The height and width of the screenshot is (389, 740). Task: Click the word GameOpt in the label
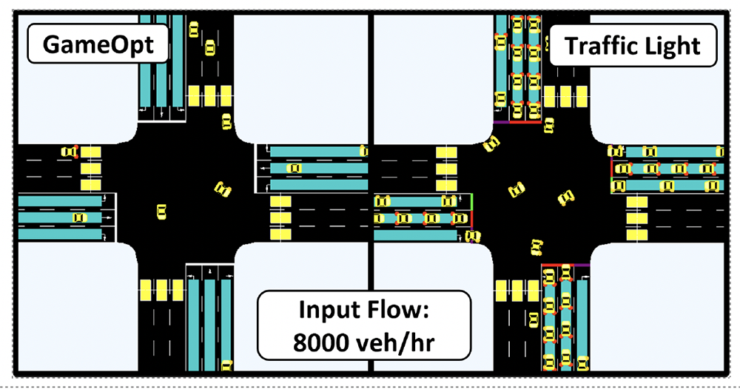[98, 45]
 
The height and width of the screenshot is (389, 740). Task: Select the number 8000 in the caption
[320, 342]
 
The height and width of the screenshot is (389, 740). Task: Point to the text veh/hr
[395, 342]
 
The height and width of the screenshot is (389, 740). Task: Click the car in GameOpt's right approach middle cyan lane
[294, 168]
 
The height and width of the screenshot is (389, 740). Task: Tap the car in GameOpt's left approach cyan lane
[79, 217]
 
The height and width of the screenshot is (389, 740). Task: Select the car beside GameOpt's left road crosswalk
[69, 152]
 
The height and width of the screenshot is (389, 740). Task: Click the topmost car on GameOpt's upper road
[193, 30]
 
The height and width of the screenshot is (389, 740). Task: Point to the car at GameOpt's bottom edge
[227, 365]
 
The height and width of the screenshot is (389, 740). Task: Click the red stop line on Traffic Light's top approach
[524, 122]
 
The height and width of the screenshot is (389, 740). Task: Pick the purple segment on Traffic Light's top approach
[501, 122]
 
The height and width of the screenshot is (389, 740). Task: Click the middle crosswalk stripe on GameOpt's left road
[90, 169]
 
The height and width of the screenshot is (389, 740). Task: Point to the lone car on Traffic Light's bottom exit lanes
[534, 319]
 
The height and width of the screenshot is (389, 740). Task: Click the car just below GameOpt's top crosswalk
[226, 121]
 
